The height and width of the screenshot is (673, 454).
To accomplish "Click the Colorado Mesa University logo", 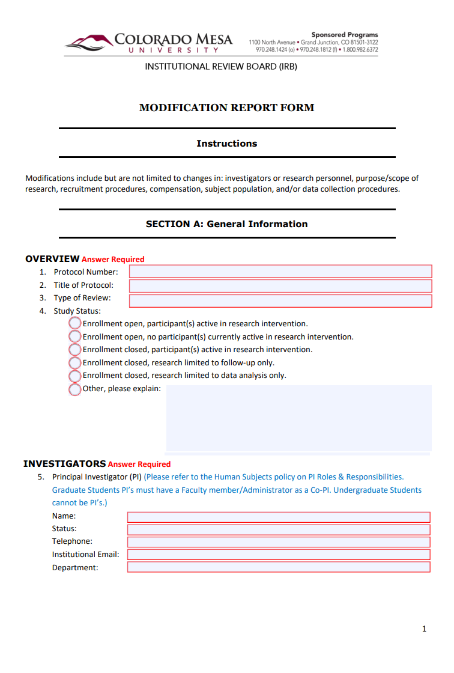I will [148, 43].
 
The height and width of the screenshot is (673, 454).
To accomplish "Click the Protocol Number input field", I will [280, 272].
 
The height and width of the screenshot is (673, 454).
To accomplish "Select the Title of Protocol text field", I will [280, 285].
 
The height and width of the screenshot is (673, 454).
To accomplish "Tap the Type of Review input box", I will [280, 300].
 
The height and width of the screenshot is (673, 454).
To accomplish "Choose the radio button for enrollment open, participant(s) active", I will [75, 323].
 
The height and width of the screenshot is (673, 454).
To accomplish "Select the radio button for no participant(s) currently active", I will [75, 336].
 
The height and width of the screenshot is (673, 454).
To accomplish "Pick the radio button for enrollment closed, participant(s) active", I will [75, 349].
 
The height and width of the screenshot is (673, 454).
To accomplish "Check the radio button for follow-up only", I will [75, 362].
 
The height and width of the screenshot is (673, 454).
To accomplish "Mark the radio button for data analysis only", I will [75, 376].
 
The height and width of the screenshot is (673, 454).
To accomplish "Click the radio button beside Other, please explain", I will [75, 389].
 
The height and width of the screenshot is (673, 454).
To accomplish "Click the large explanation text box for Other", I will [298, 418].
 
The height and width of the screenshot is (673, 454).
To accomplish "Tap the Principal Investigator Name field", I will [279, 517].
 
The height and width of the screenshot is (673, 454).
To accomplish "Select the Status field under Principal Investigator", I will [279, 529].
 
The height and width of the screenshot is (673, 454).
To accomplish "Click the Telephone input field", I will [279, 542].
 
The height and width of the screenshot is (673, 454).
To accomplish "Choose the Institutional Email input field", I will [279, 555].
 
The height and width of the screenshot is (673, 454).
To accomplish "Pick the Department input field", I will [279, 567].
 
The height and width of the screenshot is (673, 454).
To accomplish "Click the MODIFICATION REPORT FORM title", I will [226, 108].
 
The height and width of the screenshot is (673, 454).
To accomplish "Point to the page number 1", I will [424, 629].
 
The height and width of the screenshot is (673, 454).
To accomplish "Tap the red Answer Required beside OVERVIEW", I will [113, 260].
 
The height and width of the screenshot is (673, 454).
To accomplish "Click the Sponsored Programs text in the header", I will [344, 35].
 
